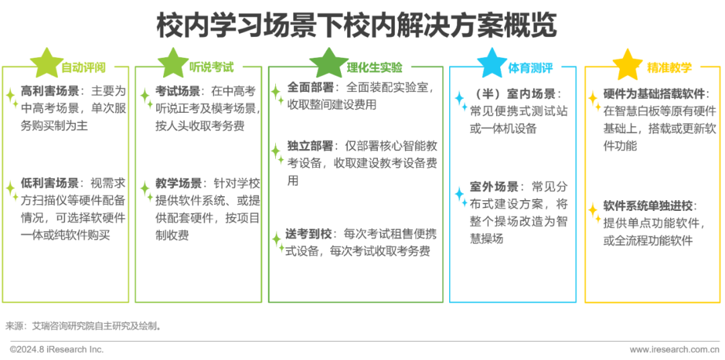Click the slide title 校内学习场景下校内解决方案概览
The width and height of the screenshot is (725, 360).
click(x=356, y=27)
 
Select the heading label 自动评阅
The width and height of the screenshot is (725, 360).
click(x=84, y=67)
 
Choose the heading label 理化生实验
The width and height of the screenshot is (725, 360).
click(x=375, y=67)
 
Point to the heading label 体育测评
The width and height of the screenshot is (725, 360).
click(x=530, y=67)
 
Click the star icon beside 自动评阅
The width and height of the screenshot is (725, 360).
click(x=44, y=62)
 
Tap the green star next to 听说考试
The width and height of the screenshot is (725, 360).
click(x=172, y=62)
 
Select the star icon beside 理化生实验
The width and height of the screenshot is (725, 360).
click(x=327, y=62)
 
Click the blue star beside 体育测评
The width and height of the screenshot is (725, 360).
click(x=491, y=62)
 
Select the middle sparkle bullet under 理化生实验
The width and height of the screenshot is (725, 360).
click(x=277, y=152)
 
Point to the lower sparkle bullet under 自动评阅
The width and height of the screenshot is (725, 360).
click(x=11, y=191)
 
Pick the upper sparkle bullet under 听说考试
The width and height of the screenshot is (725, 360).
click(x=146, y=97)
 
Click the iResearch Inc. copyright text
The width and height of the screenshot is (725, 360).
click(x=57, y=349)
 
